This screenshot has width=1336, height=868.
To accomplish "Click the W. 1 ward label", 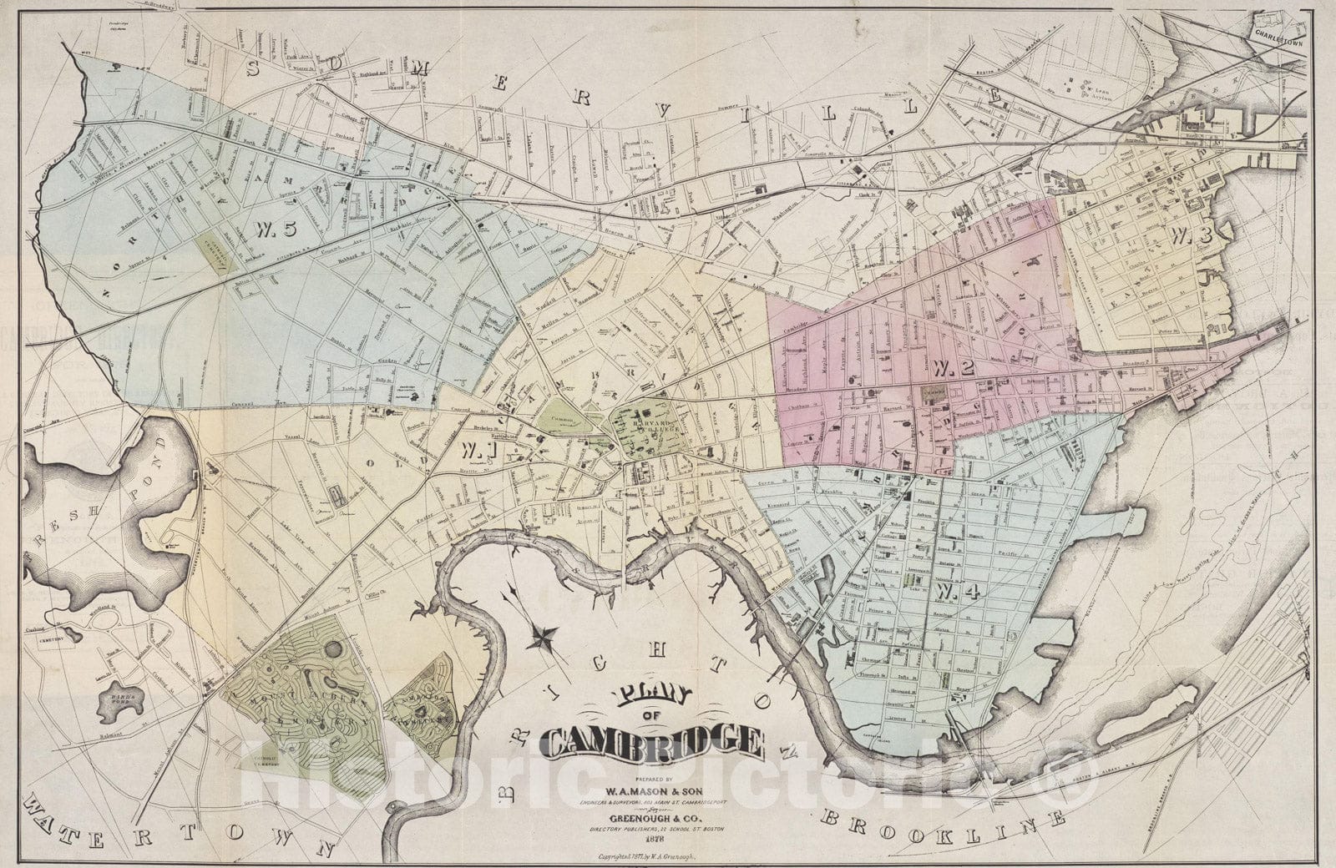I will (x=477, y=451).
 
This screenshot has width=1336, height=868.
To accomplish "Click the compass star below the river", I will (x=543, y=638).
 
